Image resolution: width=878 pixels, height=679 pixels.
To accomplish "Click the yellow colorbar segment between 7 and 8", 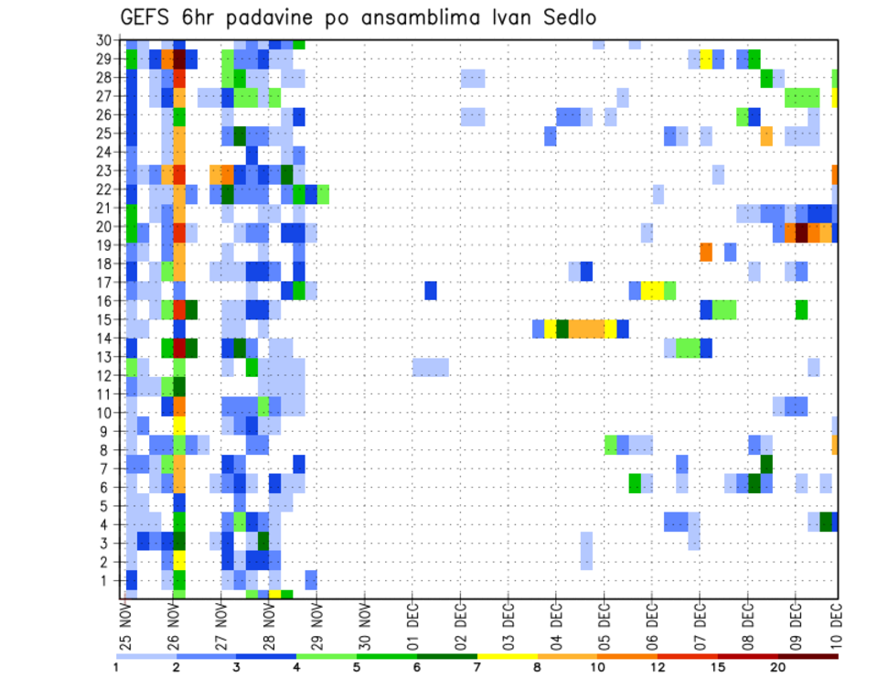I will tap(507, 656).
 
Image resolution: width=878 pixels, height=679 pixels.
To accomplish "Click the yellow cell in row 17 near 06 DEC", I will tap(652, 290).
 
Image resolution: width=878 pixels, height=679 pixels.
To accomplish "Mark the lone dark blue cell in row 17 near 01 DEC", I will tap(431, 290).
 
